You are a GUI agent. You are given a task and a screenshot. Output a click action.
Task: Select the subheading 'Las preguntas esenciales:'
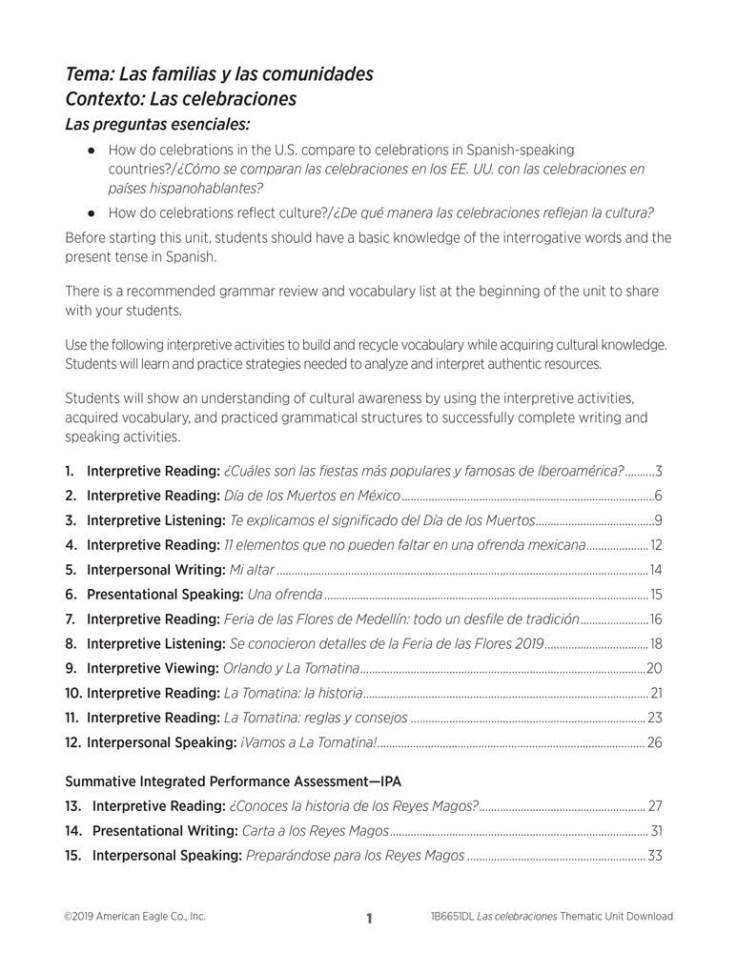(x=157, y=124)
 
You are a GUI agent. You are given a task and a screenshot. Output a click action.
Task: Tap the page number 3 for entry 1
(x=659, y=471)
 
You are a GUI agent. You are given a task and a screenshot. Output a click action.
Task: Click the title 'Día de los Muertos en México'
(x=311, y=496)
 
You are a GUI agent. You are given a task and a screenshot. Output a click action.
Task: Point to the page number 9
(x=659, y=520)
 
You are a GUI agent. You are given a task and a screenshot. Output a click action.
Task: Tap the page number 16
(x=656, y=619)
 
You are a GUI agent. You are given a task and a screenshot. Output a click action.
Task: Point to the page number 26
(x=655, y=742)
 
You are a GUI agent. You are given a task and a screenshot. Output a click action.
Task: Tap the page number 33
(x=655, y=855)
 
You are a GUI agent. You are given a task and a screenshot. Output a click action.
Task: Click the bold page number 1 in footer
(x=369, y=919)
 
